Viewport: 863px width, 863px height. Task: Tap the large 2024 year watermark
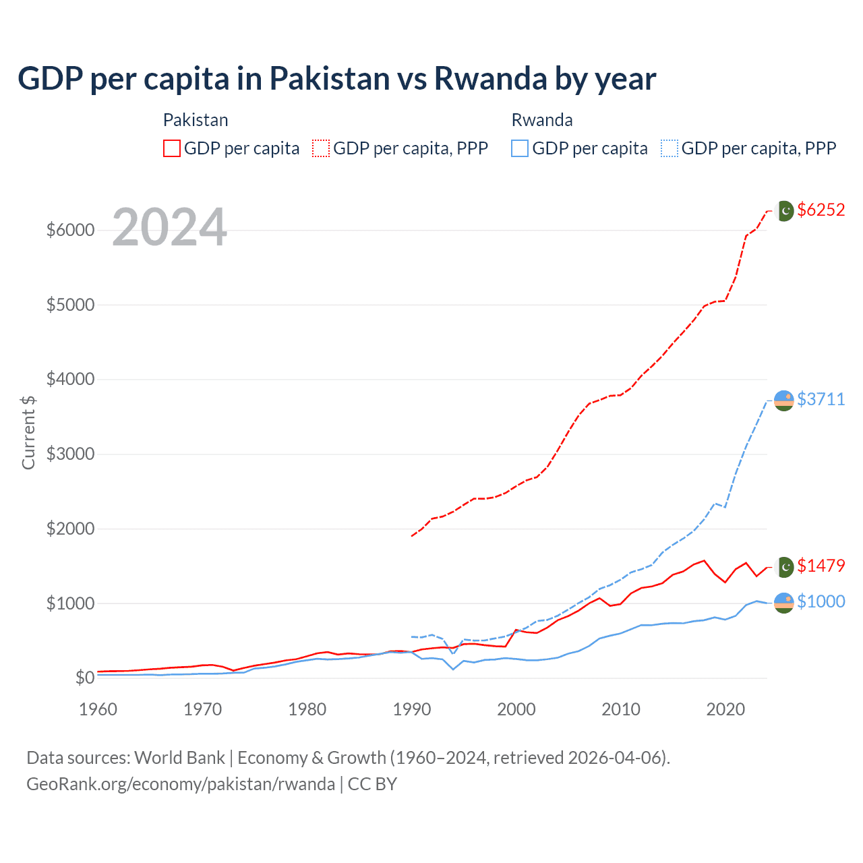169,228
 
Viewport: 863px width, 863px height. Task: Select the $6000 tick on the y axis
70,230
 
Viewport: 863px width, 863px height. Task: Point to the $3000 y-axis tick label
70,454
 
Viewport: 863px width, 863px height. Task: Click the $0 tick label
84,678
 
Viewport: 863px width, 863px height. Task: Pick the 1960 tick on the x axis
98,709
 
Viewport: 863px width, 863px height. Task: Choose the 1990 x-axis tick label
411,709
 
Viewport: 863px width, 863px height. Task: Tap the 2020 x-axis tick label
725,709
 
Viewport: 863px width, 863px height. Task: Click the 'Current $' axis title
28,432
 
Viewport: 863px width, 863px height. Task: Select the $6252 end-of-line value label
821,210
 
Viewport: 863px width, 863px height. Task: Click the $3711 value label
821,399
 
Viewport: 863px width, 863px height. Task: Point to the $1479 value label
821,566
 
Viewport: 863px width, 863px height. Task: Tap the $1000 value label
821,601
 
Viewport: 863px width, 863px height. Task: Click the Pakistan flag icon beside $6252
784,210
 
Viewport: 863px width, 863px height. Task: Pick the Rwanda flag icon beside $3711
783,400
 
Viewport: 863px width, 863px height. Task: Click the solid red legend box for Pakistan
172,148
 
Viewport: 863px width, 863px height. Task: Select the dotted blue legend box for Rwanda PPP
669,148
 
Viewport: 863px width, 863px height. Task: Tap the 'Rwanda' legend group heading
542,120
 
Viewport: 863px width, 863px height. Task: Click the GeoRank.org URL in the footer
181,784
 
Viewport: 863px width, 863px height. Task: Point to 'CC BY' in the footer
372,784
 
